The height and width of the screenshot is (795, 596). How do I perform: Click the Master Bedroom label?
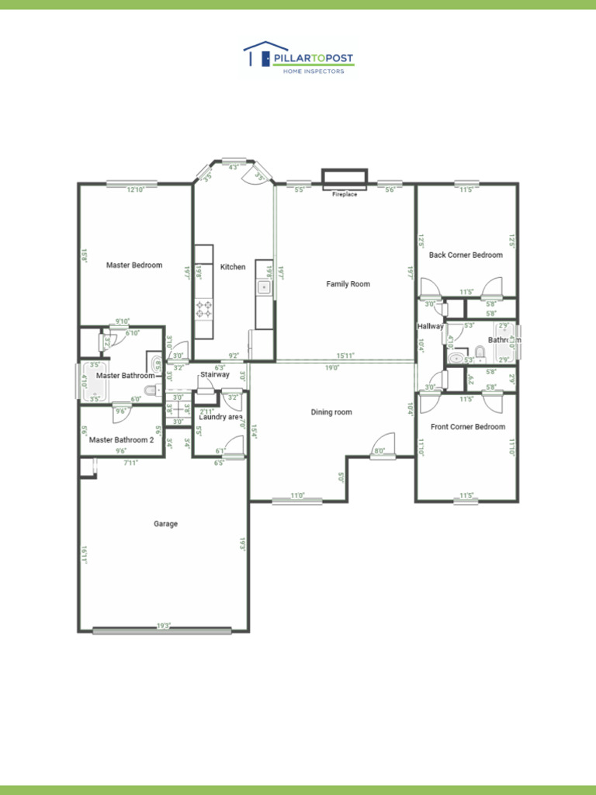point(134,266)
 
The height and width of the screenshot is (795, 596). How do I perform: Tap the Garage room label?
point(165,524)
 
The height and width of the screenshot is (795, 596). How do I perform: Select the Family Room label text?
point(348,284)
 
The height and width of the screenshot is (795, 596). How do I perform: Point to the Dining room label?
point(331,412)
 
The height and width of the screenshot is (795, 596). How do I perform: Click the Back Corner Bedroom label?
point(466,255)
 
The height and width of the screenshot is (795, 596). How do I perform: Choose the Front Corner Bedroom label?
point(468,427)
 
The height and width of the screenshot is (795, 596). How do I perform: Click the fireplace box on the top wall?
point(345,179)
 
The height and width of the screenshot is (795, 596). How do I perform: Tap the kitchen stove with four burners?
point(203,310)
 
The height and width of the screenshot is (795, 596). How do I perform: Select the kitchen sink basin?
point(264,288)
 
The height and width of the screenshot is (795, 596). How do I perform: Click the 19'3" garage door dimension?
point(163,625)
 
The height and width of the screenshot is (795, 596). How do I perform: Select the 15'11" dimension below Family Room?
point(345,356)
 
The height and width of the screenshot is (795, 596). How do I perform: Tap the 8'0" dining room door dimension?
point(379,451)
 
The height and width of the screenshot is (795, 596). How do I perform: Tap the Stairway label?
point(215,375)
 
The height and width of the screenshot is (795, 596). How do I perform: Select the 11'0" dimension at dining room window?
point(297,495)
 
